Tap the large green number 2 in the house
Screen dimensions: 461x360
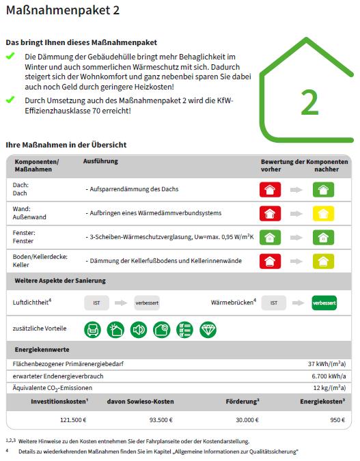click(x=309, y=102)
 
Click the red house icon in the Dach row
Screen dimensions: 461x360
click(x=271, y=190)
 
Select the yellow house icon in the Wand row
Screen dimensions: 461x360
click(x=323, y=213)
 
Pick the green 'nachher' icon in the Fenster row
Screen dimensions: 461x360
click(x=323, y=237)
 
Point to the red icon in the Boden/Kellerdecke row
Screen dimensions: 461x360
click(x=271, y=261)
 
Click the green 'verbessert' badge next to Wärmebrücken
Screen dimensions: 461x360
click(x=324, y=302)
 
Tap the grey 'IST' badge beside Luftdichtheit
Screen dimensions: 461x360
click(x=96, y=302)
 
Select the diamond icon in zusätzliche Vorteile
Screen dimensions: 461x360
click(x=208, y=330)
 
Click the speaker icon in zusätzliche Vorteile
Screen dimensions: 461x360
click(x=139, y=330)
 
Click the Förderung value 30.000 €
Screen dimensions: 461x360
click(x=247, y=420)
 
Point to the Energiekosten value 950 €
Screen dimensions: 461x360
click(x=337, y=420)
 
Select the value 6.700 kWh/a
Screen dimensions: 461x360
click(x=329, y=376)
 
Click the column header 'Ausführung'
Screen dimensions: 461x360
click(x=100, y=161)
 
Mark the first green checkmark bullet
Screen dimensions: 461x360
click(x=10, y=56)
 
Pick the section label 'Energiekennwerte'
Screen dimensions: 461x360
click(x=42, y=350)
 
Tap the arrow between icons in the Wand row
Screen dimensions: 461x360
click(x=296, y=214)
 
